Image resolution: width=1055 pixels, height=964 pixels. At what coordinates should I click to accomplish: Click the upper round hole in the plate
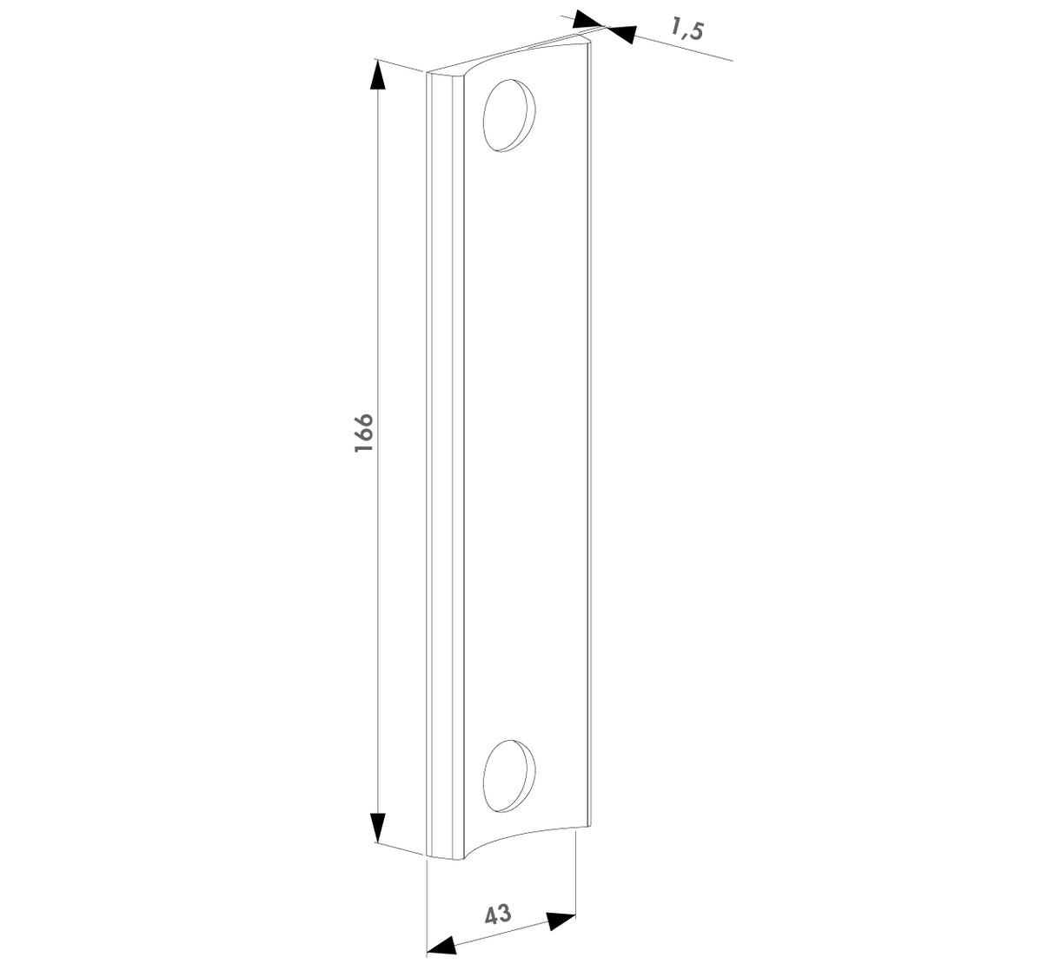click(x=508, y=116)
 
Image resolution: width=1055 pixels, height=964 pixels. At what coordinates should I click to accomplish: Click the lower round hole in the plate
click(x=508, y=776)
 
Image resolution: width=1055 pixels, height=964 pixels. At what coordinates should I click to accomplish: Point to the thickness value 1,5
click(x=687, y=29)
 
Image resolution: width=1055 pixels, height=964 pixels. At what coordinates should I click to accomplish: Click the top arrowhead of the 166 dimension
click(x=377, y=77)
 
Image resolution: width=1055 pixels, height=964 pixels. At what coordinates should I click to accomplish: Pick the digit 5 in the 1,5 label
click(x=696, y=31)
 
